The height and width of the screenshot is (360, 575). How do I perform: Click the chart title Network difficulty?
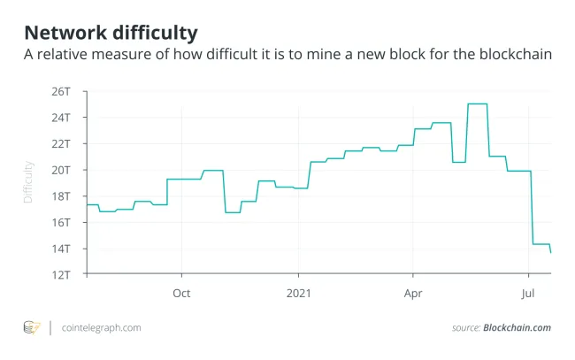click(111, 33)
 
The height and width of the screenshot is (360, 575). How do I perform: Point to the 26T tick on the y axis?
click(61, 91)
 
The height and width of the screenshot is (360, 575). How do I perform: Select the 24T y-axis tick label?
click(61, 118)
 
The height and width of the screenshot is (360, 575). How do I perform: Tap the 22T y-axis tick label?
click(61, 143)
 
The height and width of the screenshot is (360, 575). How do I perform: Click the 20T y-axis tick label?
click(61, 170)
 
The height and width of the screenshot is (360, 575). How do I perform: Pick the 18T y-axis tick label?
click(61, 195)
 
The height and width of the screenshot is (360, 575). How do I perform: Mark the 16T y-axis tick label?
click(61, 222)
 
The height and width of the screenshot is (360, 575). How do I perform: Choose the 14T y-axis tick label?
click(61, 249)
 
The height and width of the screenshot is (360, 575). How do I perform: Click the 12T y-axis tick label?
click(61, 274)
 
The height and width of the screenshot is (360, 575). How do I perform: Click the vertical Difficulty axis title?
click(28, 182)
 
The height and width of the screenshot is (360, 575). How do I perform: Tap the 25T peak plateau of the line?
click(478, 103)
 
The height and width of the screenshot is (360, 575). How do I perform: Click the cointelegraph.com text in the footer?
click(102, 328)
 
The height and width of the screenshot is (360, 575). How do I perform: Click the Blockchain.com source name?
click(517, 328)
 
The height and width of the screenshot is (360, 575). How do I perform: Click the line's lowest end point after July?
click(551, 253)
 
